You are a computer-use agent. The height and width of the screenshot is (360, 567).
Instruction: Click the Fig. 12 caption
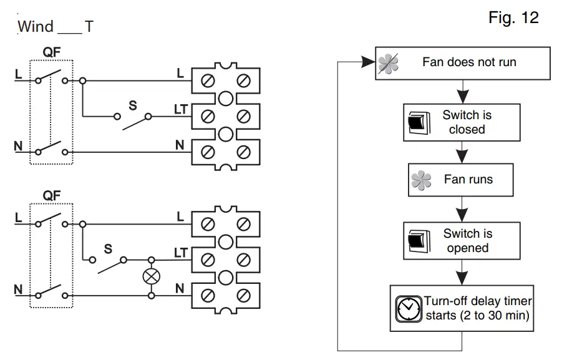[513, 18]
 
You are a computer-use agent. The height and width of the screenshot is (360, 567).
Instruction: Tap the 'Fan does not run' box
[462, 63]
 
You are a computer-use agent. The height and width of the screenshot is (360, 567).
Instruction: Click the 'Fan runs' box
[461, 180]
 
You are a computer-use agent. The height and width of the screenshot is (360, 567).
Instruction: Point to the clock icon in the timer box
[409, 309]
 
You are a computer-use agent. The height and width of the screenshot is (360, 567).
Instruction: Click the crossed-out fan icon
[388, 64]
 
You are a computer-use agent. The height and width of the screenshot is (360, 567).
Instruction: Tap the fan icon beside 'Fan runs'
[422, 181]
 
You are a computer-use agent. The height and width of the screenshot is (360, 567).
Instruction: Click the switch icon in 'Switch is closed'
[416, 123]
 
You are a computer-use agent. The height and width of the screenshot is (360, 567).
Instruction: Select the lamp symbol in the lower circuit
[151, 275]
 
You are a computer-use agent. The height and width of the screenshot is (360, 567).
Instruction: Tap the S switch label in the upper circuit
[133, 106]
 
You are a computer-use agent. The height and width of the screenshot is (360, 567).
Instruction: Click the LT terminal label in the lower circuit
[181, 253]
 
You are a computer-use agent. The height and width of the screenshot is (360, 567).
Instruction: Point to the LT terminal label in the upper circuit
[181, 110]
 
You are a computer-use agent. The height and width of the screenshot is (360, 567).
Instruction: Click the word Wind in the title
[36, 27]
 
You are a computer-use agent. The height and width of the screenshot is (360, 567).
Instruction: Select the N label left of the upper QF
[17, 147]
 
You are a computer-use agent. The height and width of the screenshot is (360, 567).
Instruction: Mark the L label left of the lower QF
[18, 218]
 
